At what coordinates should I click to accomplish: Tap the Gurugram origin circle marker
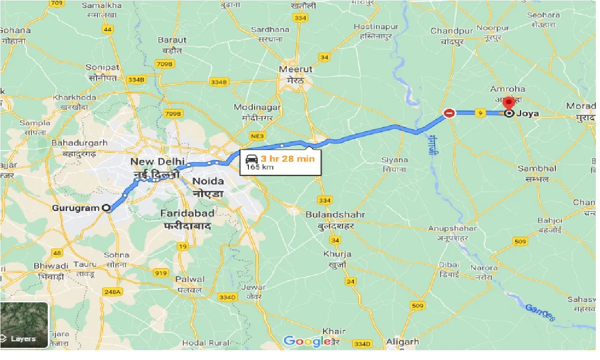click(x=107, y=208)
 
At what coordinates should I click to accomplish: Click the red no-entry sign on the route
click(x=449, y=113)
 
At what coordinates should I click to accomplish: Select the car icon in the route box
click(x=252, y=158)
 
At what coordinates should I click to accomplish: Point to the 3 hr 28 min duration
click(x=288, y=158)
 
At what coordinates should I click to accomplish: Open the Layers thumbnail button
click(x=24, y=325)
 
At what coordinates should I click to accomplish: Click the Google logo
click(x=307, y=341)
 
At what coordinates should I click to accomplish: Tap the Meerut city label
click(x=295, y=69)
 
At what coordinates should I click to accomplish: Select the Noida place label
click(x=208, y=181)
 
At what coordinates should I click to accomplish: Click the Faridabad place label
click(x=187, y=213)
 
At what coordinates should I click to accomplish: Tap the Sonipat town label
click(x=102, y=67)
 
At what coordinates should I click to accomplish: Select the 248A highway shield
click(x=112, y=292)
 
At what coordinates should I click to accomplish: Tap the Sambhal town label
click(x=537, y=168)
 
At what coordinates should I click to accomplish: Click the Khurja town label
click(x=337, y=254)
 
